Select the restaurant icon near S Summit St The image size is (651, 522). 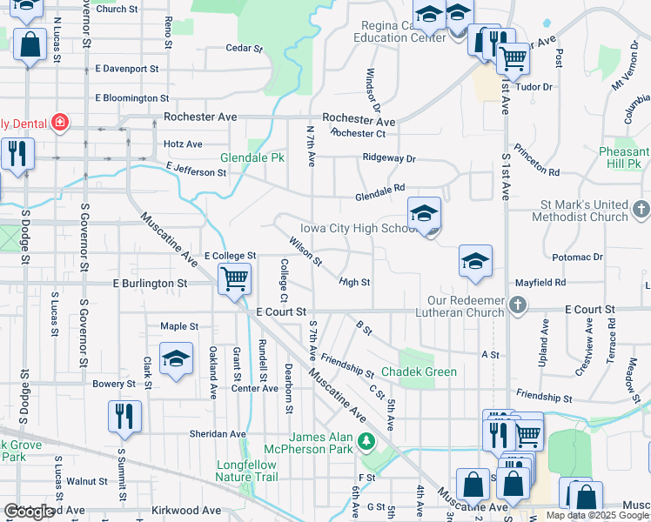coord(124,416)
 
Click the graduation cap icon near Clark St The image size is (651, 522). coord(176,359)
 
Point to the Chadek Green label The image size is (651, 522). coord(427,371)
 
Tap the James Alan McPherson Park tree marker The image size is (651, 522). coord(366,442)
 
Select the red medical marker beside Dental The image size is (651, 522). coord(61,122)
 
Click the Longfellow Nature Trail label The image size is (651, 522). coord(247,471)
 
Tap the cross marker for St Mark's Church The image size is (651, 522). coord(641,209)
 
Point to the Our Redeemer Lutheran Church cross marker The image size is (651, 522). coord(519,304)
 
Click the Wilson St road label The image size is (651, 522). coord(306,254)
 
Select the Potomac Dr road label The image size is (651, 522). coord(577,258)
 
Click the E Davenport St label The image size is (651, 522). coord(127,68)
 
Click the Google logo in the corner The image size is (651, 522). coord(30,512)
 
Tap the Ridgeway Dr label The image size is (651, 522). coord(389,159)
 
